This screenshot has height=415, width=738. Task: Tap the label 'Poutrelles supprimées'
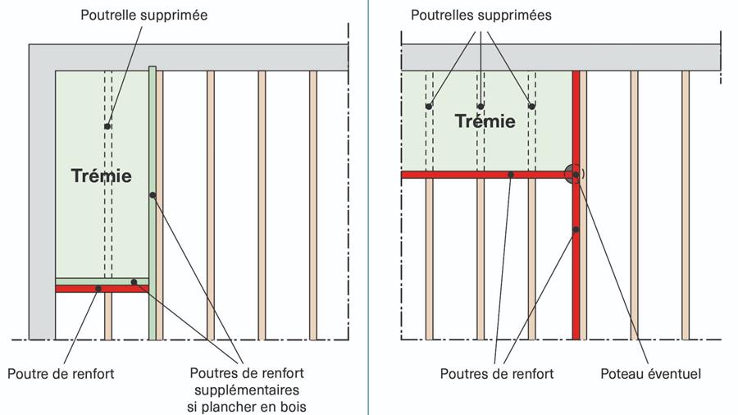(x=481, y=15)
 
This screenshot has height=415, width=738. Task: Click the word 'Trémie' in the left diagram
(x=101, y=176)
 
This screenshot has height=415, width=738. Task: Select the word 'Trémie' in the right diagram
(x=485, y=121)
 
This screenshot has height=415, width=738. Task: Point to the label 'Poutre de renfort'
(x=61, y=374)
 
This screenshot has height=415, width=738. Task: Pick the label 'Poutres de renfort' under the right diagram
(x=496, y=374)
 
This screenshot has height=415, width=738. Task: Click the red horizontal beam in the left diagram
(x=82, y=289)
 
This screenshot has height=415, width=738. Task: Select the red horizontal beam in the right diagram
(x=459, y=175)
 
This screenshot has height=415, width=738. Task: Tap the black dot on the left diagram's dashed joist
(x=107, y=126)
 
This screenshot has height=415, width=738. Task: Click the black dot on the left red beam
(x=98, y=289)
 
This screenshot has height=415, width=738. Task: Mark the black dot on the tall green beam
(x=153, y=195)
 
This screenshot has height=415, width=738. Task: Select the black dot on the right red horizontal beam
(x=511, y=175)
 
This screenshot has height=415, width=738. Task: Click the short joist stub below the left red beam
(x=107, y=316)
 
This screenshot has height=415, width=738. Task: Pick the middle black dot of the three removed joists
(x=481, y=107)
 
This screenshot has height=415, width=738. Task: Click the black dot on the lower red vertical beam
(x=576, y=230)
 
